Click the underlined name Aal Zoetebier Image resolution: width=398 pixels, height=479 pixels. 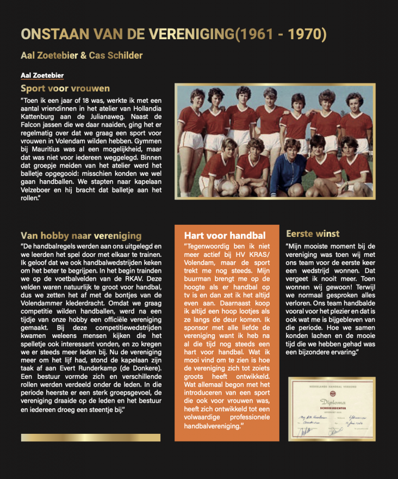point(42,75)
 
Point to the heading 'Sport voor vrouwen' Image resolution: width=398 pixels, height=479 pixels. point(65,88)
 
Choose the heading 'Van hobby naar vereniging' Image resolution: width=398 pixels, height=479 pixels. point(81,236)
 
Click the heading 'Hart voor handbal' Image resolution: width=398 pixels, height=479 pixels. point(225,236)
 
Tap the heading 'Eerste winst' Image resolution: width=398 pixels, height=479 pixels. point(313,234)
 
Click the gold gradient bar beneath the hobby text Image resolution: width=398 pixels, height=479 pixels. point(90,437)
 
